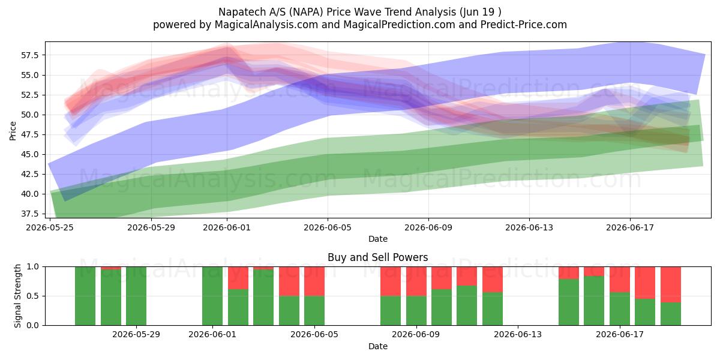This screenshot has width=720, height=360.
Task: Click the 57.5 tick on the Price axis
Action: coord(29,55)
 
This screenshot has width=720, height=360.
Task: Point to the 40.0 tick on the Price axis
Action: coord(29,194)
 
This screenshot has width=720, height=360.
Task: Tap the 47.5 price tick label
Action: coord(29,134)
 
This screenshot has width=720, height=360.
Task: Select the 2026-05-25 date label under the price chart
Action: coord(50,227)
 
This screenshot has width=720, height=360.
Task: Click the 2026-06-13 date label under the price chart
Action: coord(529,227)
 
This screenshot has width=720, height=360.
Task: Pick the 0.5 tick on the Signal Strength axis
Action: coord(33,296)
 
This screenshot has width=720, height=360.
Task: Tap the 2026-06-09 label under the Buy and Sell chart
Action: coord(416,335)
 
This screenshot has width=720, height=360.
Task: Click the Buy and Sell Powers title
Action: coord(377,257)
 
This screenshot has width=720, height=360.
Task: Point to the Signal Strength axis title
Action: coord(17,296)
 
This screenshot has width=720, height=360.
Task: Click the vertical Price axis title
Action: coord(13,131)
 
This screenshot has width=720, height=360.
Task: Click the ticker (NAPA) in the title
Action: coord(306,12)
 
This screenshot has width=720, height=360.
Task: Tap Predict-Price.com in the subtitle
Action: coord(524,25)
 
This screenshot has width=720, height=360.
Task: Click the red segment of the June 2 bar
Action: coord(238,278)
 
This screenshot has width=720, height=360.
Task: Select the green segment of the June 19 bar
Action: coord(671,314)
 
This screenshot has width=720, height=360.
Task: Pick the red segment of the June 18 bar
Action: coord(645,283)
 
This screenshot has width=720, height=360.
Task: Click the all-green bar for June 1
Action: coord(212,296)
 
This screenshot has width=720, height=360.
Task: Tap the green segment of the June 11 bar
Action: coord(467,305)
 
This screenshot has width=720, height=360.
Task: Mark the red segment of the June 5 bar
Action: coord(314,281)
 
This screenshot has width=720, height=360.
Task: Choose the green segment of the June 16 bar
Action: coord(594,301)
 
